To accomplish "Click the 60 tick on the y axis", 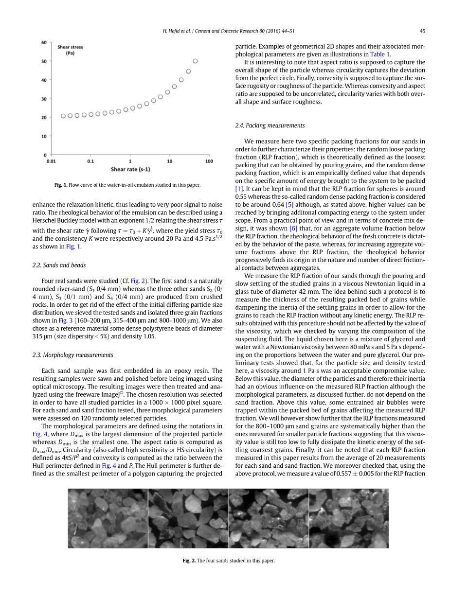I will coord(44,43).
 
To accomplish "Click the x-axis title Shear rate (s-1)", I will coord(130,169).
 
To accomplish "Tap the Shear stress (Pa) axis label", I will coord(70,50).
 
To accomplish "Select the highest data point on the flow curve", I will coord(195,61).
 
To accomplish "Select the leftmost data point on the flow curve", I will coord(63,116).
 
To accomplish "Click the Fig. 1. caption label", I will coord(61,185).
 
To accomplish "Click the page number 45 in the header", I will coord(422,31).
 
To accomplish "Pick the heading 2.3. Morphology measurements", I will coord(72,355).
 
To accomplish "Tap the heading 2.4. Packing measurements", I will coord(270,125).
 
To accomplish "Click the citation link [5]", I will coord(289,205).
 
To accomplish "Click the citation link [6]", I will coord(293,228).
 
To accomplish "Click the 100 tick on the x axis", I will coord(209,161).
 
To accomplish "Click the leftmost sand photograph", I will coord(108,518).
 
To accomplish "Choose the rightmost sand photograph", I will coord(349,518).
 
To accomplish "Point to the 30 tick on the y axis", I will coord(44,99).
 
